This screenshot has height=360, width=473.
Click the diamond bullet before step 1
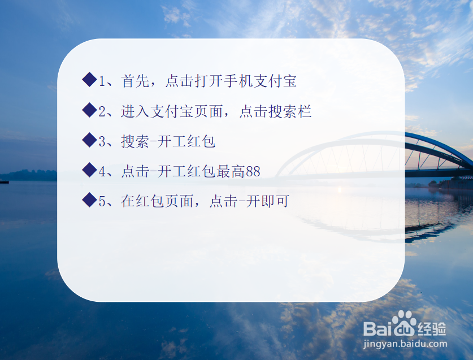[89, 80]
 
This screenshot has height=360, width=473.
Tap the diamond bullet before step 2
[89, 110]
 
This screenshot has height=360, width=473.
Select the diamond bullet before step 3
[89, 140]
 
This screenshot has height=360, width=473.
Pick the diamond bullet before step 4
[89, 170]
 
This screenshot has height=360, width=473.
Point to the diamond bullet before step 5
[89, 200]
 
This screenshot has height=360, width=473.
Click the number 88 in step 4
[253, 171]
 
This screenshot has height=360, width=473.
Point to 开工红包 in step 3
[187, 141]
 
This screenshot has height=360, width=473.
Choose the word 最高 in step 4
[231, 171]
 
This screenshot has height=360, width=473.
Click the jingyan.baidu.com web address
[405, 343]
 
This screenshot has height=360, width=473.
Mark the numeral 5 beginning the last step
[102, 201]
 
